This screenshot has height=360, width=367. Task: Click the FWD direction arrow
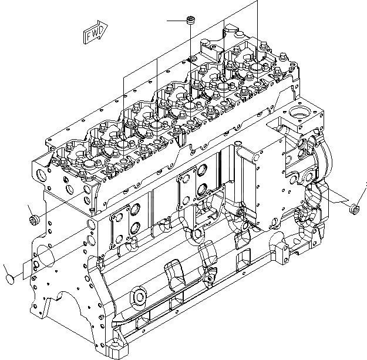95,35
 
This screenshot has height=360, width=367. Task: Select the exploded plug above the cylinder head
190,21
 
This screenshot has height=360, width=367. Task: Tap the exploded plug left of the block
33,220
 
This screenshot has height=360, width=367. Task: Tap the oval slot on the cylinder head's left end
40,174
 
